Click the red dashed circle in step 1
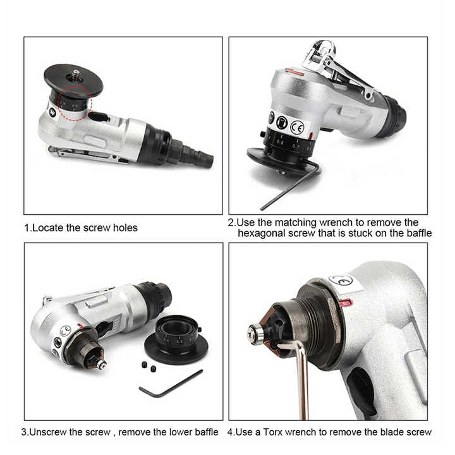click(x=75, y=101)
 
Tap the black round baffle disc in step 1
click(x=73, y=80)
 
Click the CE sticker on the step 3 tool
click(x=65, y=331)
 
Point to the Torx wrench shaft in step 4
click(x=303, y=379)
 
